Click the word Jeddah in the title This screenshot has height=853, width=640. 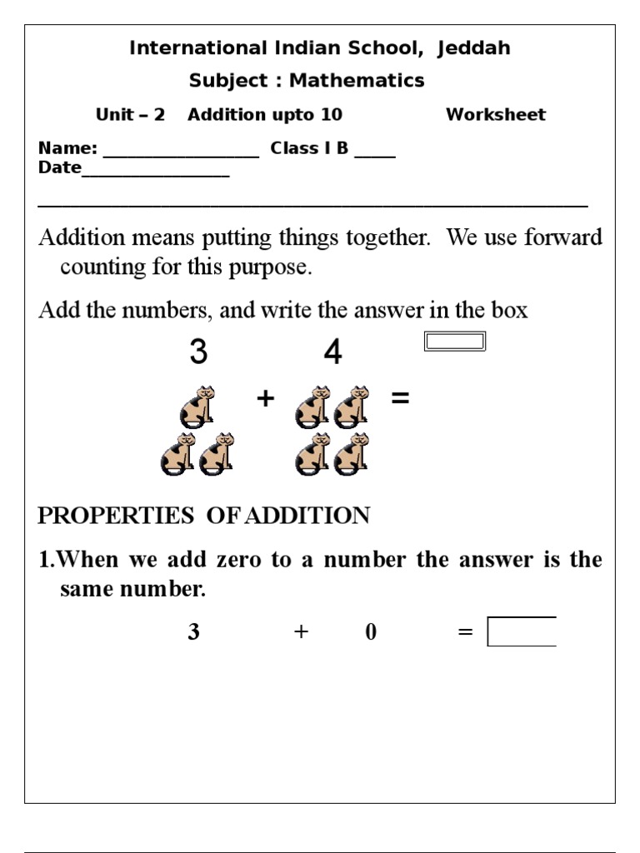coord(472,49)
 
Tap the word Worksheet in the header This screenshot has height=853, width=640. coord(496,115)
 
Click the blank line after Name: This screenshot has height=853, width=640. coord(181,152)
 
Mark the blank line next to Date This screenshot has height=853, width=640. coord(155,171)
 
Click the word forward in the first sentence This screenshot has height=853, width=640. coord(563,237)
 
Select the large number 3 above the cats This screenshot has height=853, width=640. coord(198,353)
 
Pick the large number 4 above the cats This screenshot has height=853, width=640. coord(332,353)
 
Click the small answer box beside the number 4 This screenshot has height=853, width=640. coord(455,342)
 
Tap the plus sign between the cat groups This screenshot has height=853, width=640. coord(265,399)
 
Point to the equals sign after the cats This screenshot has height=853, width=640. coord(400,399)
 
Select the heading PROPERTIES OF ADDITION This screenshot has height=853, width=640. coord(204,516)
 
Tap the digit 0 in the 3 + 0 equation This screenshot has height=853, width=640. coord(371,632)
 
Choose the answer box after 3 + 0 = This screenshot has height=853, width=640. coord(522,632)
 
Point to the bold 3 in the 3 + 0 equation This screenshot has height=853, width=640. coord(193,632)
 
